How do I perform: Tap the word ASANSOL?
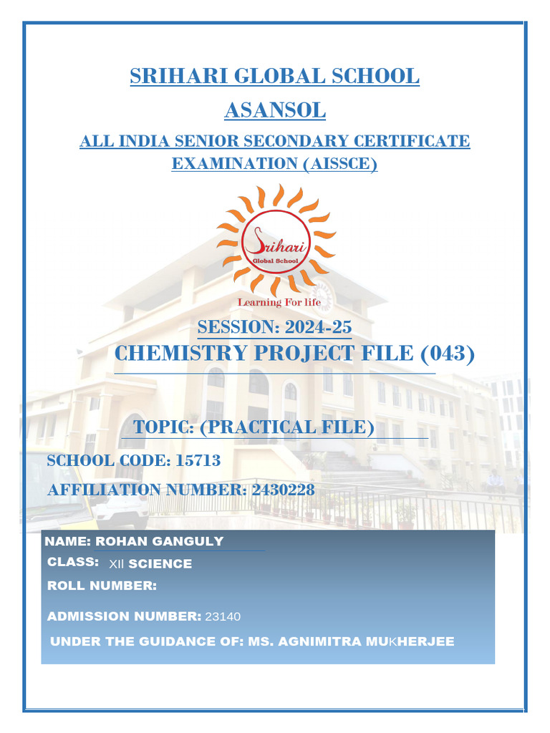coord(275,111)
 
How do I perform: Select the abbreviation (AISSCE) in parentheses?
coord(333,164)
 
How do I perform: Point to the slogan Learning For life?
coord(279,302)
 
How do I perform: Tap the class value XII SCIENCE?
coord(150,564)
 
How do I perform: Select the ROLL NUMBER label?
coord(102,586)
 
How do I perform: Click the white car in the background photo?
coord(122,510)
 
